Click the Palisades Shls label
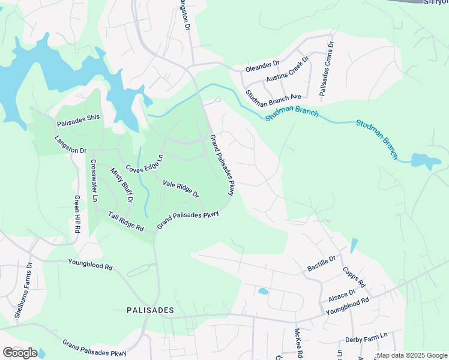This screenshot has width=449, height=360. (78, 123)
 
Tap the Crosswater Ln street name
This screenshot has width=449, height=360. (94, 180)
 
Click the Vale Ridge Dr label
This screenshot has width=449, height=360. (181, 186)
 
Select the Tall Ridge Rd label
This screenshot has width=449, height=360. (126, 222)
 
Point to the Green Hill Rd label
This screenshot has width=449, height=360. (77, 214)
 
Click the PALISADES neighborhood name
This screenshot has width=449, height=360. (150, 310)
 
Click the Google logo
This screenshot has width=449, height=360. (20, 353)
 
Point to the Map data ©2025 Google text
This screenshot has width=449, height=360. (412, 355)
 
